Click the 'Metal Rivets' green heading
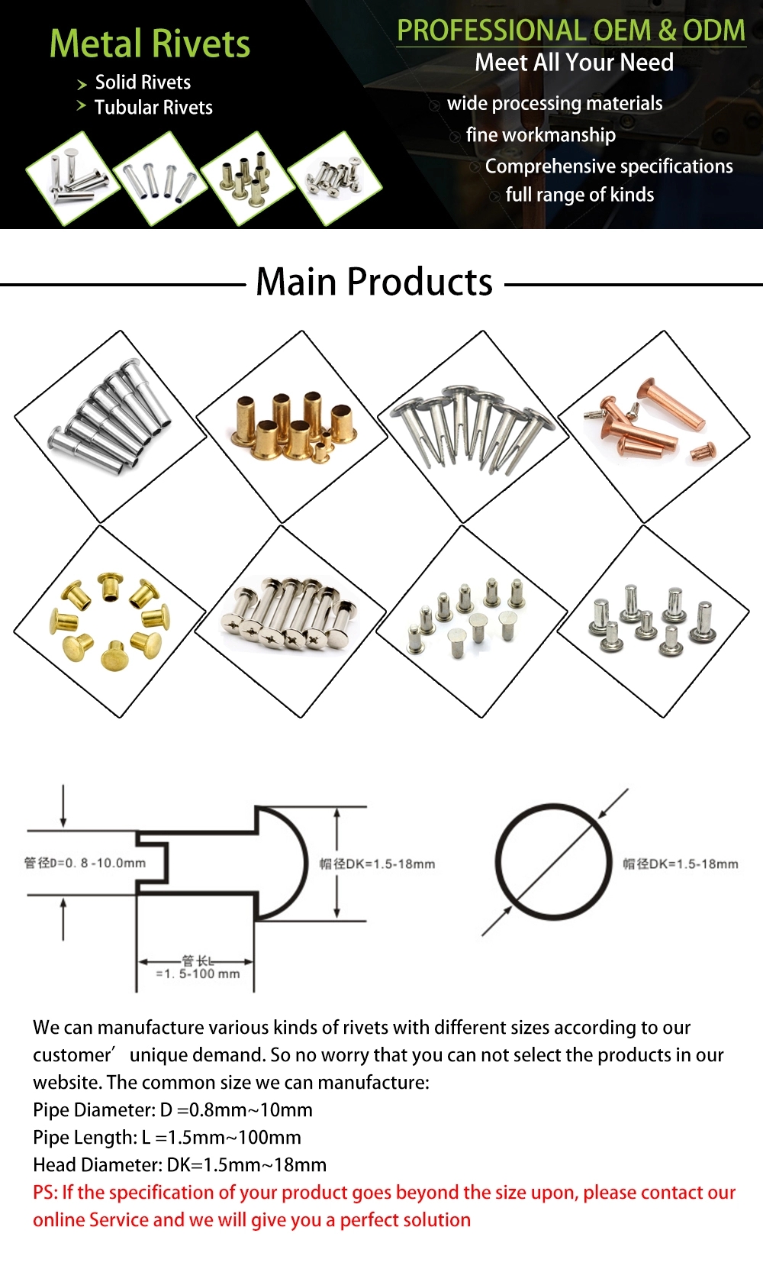[150, 44]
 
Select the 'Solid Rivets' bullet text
[143, 82]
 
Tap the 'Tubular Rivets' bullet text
[153, 108]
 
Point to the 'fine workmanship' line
[540, 135]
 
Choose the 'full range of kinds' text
[579, 195]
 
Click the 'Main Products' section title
[374, 282]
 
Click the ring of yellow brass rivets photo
[109, 621]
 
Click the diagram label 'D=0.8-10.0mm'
[85, 863]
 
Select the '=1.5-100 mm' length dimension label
[198, 974]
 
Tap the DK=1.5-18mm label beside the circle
[681, 864]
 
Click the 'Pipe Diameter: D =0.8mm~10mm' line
[172, 1109]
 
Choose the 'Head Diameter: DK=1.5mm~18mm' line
[179, 1164]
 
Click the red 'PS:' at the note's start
[45, 1192]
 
